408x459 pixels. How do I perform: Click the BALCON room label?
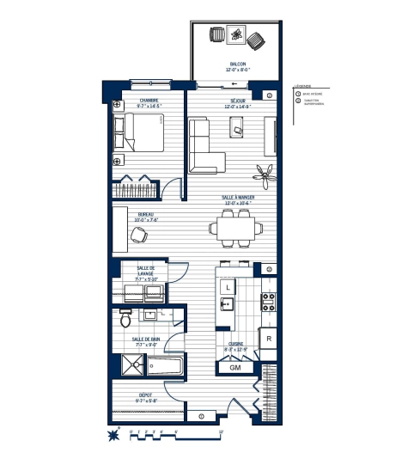237,67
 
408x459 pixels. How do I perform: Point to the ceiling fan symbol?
267,174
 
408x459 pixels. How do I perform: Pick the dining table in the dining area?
234,229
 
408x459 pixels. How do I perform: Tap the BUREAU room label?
145,217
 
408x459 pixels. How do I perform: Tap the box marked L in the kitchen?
228,287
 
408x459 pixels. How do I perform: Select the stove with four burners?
267,303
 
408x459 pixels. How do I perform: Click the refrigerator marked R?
269,339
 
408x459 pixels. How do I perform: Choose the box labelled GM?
234,367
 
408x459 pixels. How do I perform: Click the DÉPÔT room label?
147,399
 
